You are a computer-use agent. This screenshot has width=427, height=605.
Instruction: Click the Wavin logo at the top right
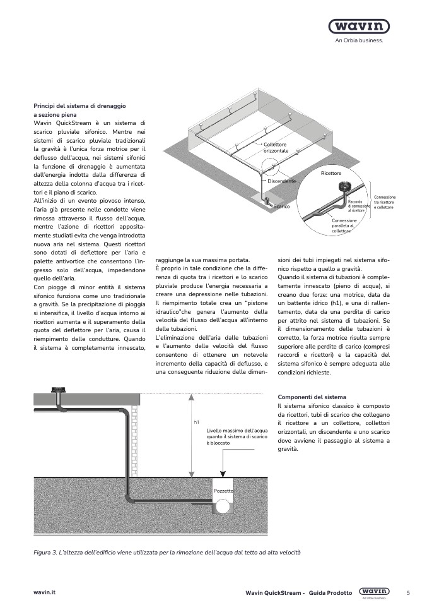coord(358,27)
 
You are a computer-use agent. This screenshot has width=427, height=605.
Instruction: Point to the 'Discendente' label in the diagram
coord(281,181)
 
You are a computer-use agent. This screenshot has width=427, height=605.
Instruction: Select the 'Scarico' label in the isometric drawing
coord(281,207)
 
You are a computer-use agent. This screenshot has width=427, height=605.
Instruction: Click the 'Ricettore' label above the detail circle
coord(330,172)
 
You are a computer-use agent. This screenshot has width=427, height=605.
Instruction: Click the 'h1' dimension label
coord(197,422)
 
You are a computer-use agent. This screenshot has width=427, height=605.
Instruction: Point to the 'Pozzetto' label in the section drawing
coord(223,490)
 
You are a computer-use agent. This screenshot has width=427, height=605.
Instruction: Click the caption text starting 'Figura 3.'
coord(167,553)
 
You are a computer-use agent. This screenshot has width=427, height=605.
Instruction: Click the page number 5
coord(408,592)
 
